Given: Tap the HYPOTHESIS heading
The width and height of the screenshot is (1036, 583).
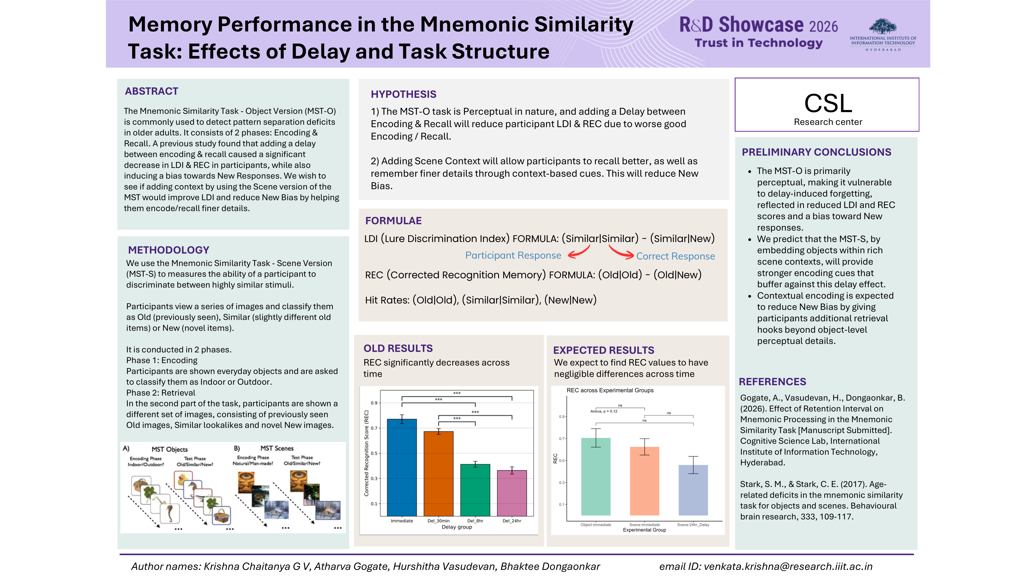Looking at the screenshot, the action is (x=403, y=94).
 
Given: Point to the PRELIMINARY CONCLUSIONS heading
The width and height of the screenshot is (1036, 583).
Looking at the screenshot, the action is (x=816, y=152).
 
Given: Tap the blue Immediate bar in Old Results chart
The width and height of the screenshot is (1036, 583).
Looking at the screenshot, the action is (x=402, y=468).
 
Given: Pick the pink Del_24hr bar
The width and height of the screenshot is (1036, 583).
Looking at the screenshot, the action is (x=512, y=493).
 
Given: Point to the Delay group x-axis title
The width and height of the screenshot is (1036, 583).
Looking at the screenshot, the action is (x=457, y=527).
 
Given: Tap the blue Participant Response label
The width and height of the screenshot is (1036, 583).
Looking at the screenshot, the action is (x=513, y=255).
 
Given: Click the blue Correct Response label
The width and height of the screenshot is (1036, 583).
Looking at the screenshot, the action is (x=676, y=256).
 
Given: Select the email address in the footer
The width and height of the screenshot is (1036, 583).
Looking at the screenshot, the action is (x=788, y=567).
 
